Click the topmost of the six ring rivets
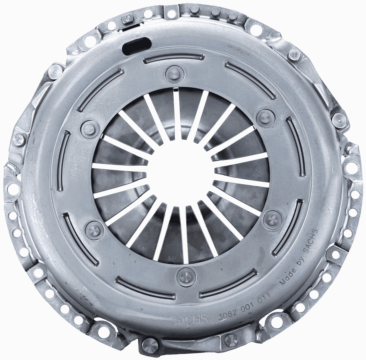pos(174,73)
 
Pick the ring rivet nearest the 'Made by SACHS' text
pos(272,218)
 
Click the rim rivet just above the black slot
pos(128,18)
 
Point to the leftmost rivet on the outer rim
pos(18,139)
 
